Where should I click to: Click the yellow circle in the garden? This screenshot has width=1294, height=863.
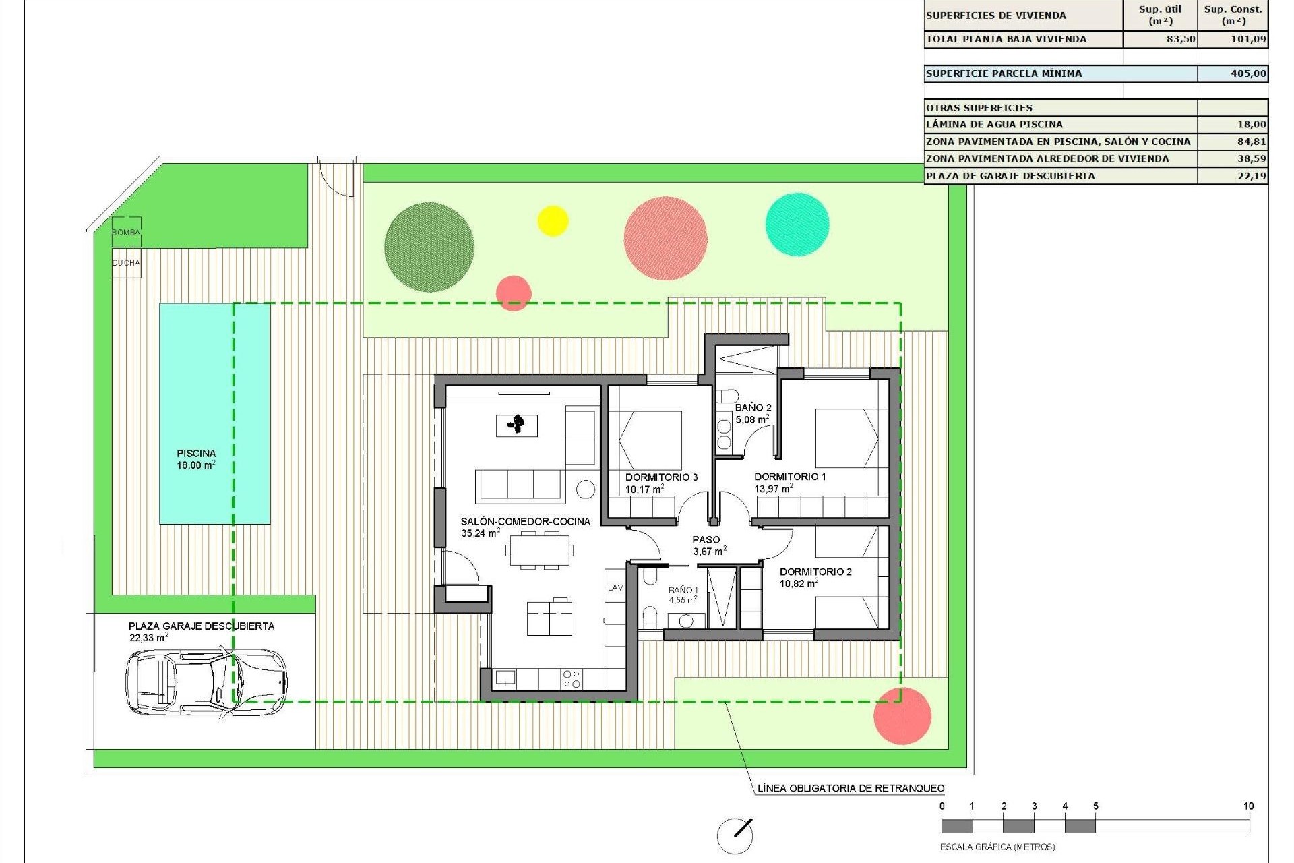tap(553, 220)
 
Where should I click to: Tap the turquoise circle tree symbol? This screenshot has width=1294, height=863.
tap(797, 225)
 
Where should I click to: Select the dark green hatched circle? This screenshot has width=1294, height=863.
tap(429, 247)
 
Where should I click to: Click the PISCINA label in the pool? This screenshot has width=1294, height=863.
tap(196, 454)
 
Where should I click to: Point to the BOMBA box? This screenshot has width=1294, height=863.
tap(126, 232)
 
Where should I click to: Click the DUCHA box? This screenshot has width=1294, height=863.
tap(126, 263)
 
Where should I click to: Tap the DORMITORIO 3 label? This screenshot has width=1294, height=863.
tap(661, 477)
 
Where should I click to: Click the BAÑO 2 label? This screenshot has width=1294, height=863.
tap(753, 408)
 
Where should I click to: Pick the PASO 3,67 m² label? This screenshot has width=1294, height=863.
tap(707, 545)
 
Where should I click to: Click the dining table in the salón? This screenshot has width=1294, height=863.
tap(540, 550)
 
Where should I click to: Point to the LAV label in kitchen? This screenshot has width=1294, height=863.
tap(615, 588)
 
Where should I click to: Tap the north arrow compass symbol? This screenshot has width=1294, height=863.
tap(735, 835)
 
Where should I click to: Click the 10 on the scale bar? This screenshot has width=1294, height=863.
tap(1248, 806)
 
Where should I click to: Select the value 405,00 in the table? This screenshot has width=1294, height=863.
tap(1248, 73)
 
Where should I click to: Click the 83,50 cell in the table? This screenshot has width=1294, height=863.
tap(1180, 39)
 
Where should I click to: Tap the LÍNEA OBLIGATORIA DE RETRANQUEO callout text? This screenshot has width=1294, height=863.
tap(851, 788)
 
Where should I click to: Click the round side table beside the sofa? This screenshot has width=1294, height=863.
tap(586, 489)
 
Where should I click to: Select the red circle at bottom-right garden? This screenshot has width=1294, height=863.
tap(902, 716)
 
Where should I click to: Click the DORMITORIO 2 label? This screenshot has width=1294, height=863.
tap(815, 572)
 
